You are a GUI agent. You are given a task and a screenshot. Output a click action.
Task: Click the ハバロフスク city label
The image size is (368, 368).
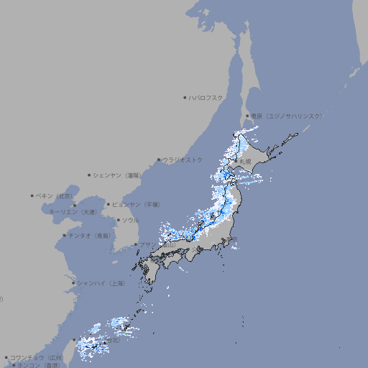(x=206, y=97)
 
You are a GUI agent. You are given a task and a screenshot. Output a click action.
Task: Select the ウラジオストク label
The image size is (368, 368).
(x=183, y=160)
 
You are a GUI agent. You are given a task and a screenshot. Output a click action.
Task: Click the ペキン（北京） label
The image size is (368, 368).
(x=55, y=195)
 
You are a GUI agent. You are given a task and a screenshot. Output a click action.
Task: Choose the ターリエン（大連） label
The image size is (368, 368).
(x=72, y=212)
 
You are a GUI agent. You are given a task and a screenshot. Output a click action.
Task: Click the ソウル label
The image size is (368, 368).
(x=130, y=220)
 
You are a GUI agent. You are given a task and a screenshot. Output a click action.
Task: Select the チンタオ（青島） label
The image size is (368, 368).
(x=90, y=236)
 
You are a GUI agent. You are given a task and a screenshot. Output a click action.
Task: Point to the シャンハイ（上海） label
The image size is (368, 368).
(x=101, y=283)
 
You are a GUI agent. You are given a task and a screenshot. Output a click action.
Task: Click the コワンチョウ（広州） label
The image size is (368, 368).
(x=37, y=357)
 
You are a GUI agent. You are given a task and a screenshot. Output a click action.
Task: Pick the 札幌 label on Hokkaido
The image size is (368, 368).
(x=246, y=162)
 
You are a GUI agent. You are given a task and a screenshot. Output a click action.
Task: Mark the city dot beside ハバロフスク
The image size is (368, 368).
(x=185, y=97)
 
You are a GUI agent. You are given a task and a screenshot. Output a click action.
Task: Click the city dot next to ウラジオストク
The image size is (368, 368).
(x=159, y=160)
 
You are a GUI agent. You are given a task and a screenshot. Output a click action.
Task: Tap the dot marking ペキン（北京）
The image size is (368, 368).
(x=32, y=195)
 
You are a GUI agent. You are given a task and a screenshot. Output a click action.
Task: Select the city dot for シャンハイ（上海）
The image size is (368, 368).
(x=73, y=283)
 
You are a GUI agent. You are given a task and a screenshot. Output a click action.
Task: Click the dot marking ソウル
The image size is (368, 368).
(x=117, y=220)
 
